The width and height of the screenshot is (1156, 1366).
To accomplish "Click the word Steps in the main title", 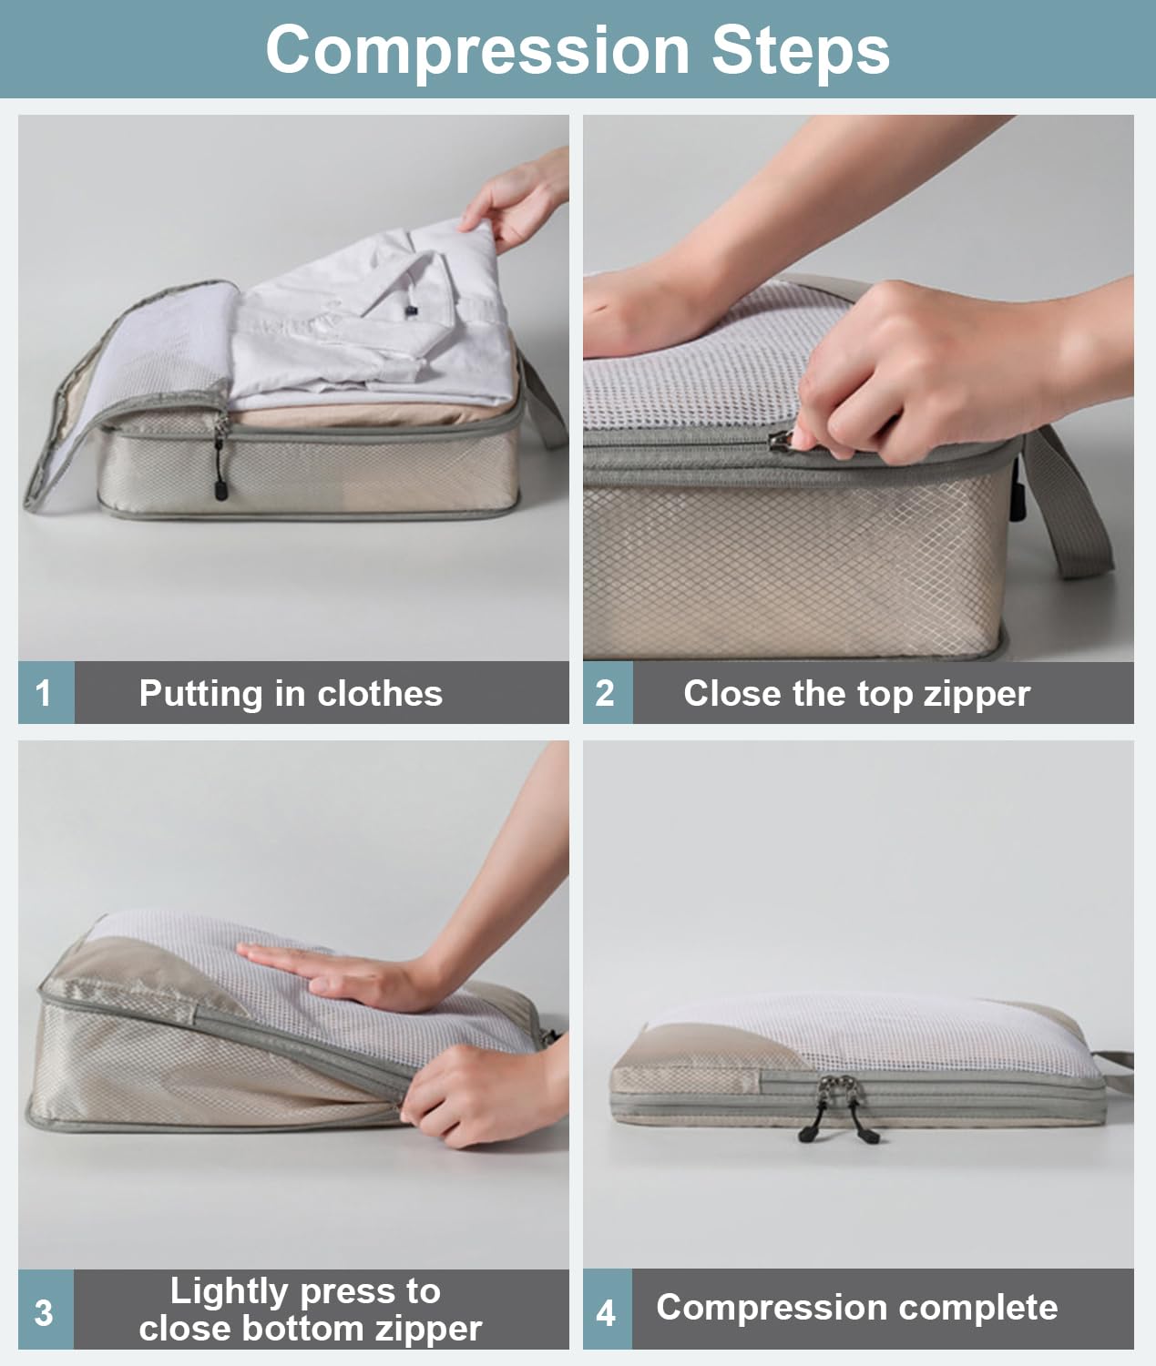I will tap(800, 50).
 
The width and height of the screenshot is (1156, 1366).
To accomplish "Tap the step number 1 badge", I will tap(44, 693).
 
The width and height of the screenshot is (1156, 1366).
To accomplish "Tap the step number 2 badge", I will tap(606, 693).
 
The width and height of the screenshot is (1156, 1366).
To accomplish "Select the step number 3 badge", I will tap(44, 1312).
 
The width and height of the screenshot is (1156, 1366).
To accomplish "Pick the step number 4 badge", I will tap(606, 1312).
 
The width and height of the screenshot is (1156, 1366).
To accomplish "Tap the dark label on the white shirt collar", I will tap(411, 311).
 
